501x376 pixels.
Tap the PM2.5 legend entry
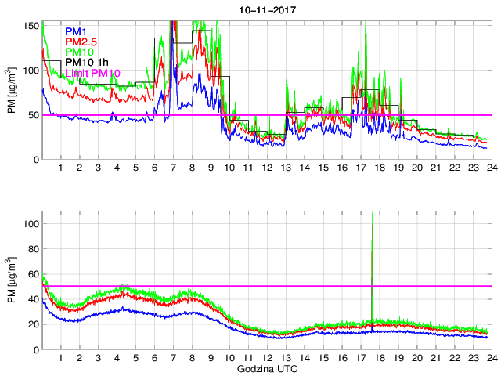tap(81, 42)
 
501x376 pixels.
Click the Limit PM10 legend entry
tap(92, 73)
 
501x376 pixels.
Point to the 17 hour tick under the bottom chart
tap(360, 358)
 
